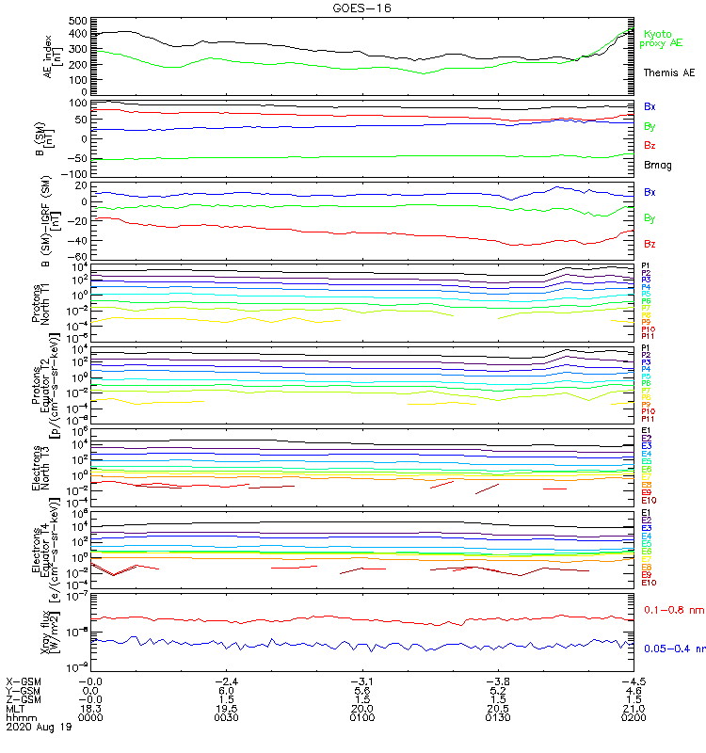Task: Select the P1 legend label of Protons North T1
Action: click(646, 265)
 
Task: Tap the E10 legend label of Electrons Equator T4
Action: click(648, 583)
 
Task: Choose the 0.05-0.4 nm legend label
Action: click(674, 649)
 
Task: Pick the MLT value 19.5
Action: click(227, 708)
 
